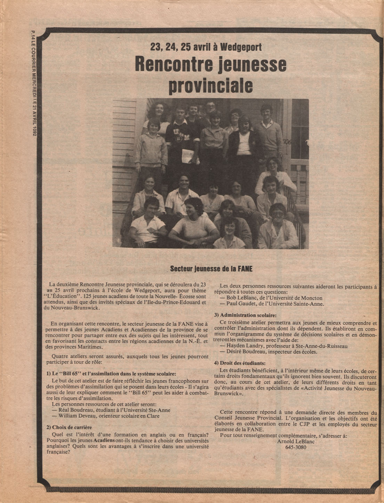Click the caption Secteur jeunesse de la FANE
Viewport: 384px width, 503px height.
tap(211, 269)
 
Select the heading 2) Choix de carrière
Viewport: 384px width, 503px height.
tap(69, 427)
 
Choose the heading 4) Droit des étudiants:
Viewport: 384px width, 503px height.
tap(240, 363)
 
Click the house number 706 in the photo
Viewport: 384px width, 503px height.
tap(287, 141)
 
